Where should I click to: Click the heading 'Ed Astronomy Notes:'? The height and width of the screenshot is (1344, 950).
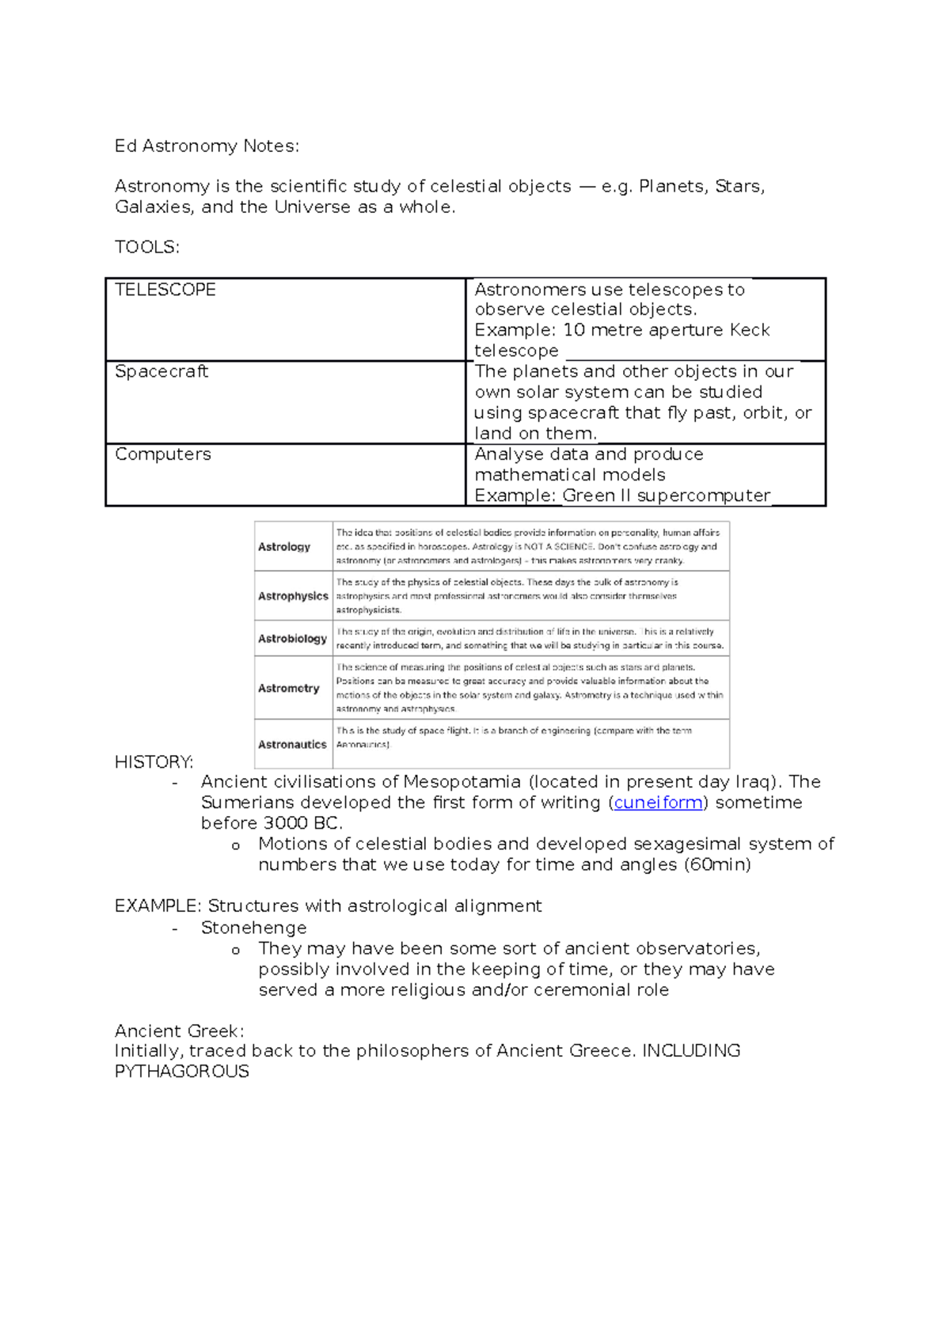[x=207, y=146]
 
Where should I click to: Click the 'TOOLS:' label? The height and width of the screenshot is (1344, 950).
[x=147, y=247]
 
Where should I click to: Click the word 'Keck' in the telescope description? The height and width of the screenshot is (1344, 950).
[x=749, y=330]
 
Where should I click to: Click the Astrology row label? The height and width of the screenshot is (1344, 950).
[x=284, y=547]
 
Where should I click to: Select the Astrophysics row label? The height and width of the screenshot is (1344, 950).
[x=293, y=596]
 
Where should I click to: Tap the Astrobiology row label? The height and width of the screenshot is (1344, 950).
[x=292, y=639]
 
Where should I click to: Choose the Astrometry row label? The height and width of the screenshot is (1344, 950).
[x=289, y=689]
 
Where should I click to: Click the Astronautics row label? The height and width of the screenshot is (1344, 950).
[x=292, y=745]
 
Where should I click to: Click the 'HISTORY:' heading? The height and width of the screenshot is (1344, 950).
[x=154, y=762]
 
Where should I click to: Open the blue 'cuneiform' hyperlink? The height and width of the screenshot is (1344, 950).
[x=658, y=803]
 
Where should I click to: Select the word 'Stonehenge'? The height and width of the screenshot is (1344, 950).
[x=253, y=928]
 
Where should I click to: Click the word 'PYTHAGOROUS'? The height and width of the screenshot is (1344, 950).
[x=181, y=1072]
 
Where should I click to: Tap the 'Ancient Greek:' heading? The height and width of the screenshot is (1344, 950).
[x=179, y=1031]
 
